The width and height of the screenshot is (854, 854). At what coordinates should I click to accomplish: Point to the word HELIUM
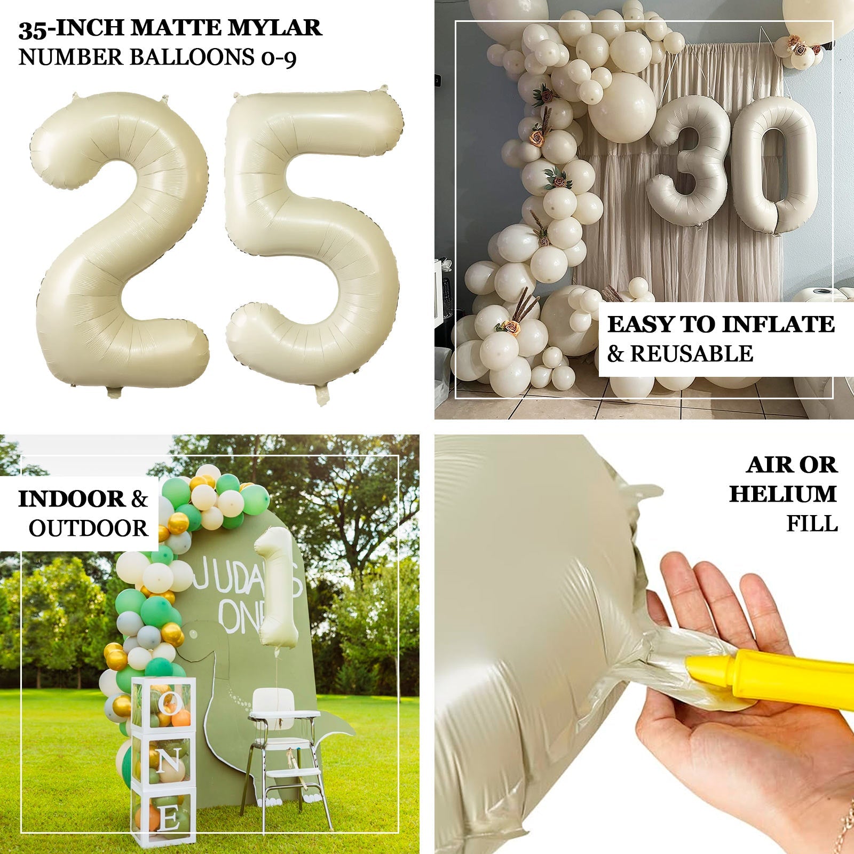tap(782, 494)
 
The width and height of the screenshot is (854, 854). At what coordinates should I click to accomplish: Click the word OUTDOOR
tap(89, 528)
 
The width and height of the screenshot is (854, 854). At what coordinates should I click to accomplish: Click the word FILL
tap(812, 524)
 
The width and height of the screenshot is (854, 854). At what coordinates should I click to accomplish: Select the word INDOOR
tap(72, 500)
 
